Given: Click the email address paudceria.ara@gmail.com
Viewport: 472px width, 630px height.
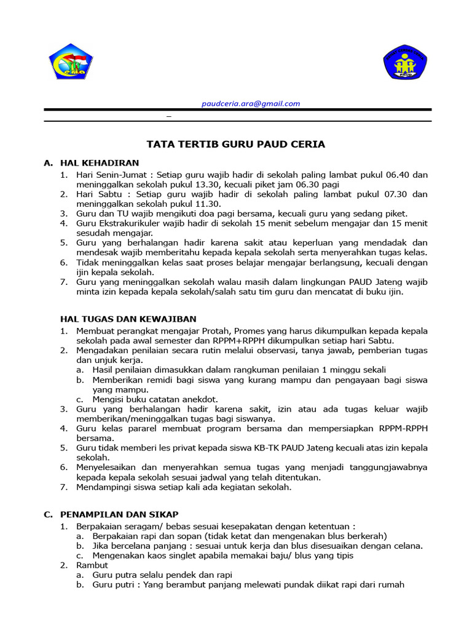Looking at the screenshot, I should pyautogui.click(x=251, y=104).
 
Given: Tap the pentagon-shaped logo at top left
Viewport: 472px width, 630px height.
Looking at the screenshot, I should pyautogui.click(x=71, y=62).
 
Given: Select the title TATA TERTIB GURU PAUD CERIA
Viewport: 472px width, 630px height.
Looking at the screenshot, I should pyautogui.click(x=235, y=145).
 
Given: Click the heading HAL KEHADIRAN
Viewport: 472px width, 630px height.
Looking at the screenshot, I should pyautogui.click(x=100, y=163).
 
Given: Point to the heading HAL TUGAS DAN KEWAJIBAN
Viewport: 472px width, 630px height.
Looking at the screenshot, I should pyautogui.click(x=128, y=319).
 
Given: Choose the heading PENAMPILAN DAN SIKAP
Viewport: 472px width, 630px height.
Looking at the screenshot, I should pyautogui.click(x=119, y=514).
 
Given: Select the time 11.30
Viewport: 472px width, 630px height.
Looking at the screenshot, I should pyautogui.click(x=205, y=204).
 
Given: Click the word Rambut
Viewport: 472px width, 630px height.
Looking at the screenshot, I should pyautogui.click(x=92, y=565).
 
